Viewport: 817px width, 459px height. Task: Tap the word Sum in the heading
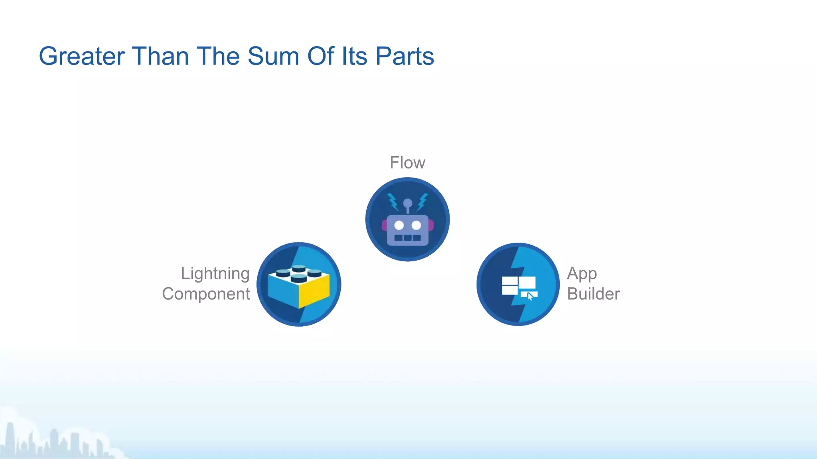click(273, 56)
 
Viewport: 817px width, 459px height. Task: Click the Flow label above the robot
click(407, 163)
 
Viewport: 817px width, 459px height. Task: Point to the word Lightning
click(215, 274)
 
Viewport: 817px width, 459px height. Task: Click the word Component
click(206, 294)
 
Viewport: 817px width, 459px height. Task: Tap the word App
click(582, 274)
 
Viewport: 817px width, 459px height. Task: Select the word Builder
click(593, 294)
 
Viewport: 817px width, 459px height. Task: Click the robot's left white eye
click(399, 226)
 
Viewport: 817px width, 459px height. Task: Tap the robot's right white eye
click(416, 226)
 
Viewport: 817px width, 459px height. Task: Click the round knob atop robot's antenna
click(407, 203)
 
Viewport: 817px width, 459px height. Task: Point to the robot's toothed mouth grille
click(407, 238)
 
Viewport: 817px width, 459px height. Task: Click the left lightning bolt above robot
click(393, 202)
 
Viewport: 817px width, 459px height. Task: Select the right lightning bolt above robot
click(422, 202)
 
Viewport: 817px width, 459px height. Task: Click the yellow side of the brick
click(314, 291)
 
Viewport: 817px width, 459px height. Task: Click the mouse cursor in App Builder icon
click(530, 296)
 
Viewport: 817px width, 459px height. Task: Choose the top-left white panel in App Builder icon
click(509, 280)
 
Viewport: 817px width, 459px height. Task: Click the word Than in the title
click(160, 56)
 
